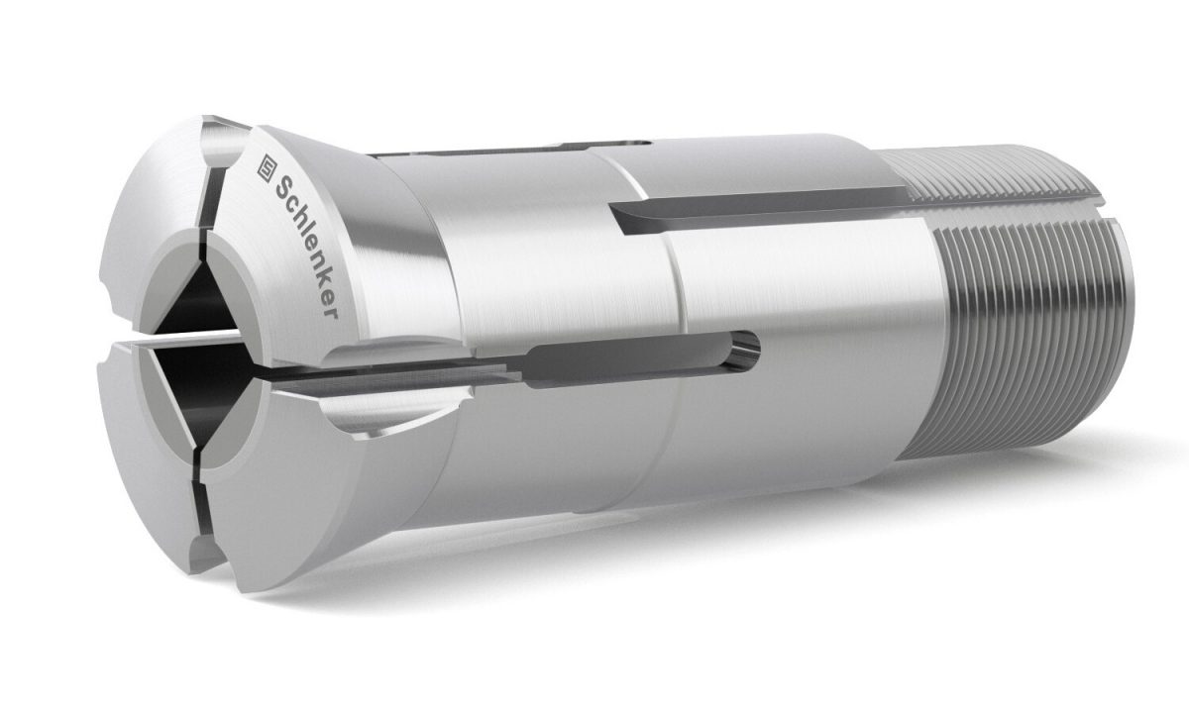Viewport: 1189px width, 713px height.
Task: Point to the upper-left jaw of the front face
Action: (x=159, y=198)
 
